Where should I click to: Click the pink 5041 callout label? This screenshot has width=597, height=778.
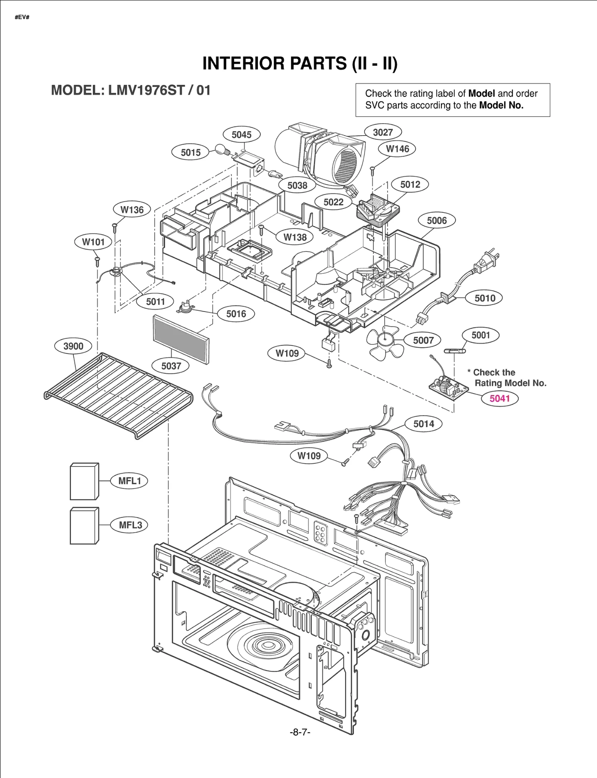pyautogui.click(x=499, y=399)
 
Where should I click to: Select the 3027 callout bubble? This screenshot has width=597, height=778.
pyautogui.click(x=383, y=132)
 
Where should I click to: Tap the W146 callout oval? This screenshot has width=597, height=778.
pyautogui.click(x=397, y=149)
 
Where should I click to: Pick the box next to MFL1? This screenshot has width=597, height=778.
pyautogui.click(x=85, y=481)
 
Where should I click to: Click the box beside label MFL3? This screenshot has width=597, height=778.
pyautogui.click(x=85, y=526)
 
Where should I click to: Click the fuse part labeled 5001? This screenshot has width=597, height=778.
pyautogui.click(x=455, y=351)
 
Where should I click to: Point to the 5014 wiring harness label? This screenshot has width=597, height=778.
pyautogui.click(x=423, y=424)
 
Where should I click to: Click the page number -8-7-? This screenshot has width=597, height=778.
pyautogui.click(x=300, y=732)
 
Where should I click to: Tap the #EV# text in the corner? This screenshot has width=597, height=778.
pyautogui.click(x=22, y=18)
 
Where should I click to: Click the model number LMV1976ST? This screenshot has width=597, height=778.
pyautogui.click(x=146, y=90)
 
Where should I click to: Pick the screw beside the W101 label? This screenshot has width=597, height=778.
pyautogui.click(x=97, y=260)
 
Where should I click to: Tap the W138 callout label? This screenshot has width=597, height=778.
pyautogui.click(x=295, y=237)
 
